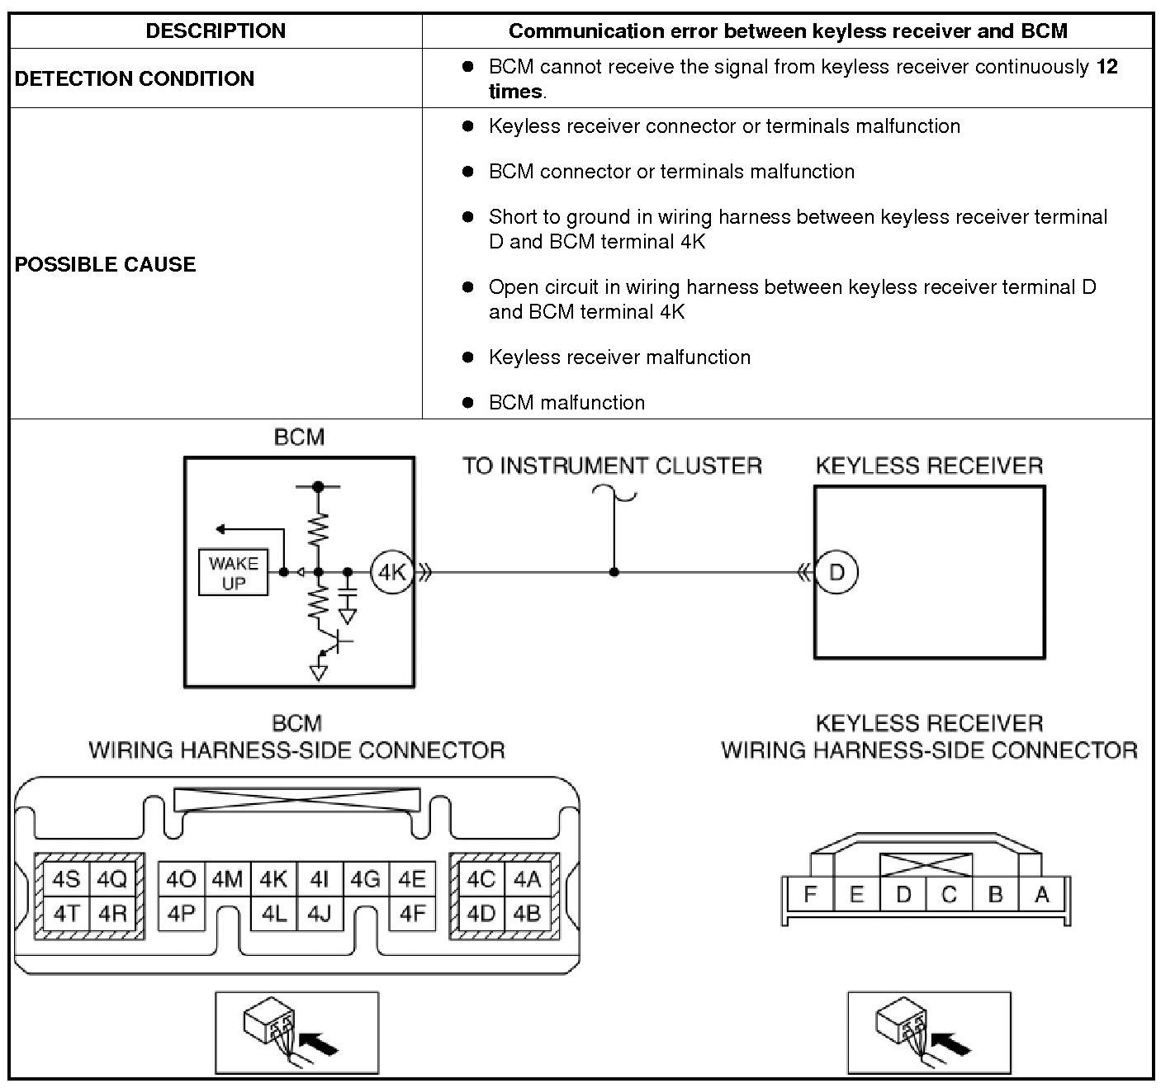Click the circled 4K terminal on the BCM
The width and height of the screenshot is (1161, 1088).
point(391,572)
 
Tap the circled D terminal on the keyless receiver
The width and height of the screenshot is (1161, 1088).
point(836,572)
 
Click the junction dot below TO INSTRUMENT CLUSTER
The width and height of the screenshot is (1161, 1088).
point(614,572)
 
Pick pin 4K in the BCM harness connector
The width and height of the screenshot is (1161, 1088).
point(273,879)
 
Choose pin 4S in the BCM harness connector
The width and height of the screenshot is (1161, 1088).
point(66,879)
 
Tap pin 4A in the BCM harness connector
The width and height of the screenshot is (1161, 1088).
point(527,879)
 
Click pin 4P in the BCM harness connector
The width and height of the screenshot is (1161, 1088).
point(181,914)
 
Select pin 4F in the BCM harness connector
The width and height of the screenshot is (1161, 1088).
point(412,914)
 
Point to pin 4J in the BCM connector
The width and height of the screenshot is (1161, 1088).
point(320,914)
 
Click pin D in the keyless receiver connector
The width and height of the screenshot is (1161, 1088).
point(903,894)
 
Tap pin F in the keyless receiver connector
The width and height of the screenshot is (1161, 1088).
point(810,894)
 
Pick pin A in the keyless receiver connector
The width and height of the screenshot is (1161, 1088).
point(1042,894)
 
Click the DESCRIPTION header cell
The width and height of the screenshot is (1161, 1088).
point(216,31)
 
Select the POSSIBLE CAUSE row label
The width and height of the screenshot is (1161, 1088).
point(106,264)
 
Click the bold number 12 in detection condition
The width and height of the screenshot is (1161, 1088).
point(1107,67)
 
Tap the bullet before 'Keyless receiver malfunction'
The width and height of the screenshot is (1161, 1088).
point(468,357)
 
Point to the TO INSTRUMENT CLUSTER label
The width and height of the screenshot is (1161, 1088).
point(612,466)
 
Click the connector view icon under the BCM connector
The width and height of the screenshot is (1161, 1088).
point(296,1033)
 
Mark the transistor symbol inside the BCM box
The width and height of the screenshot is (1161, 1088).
point(335,641)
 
